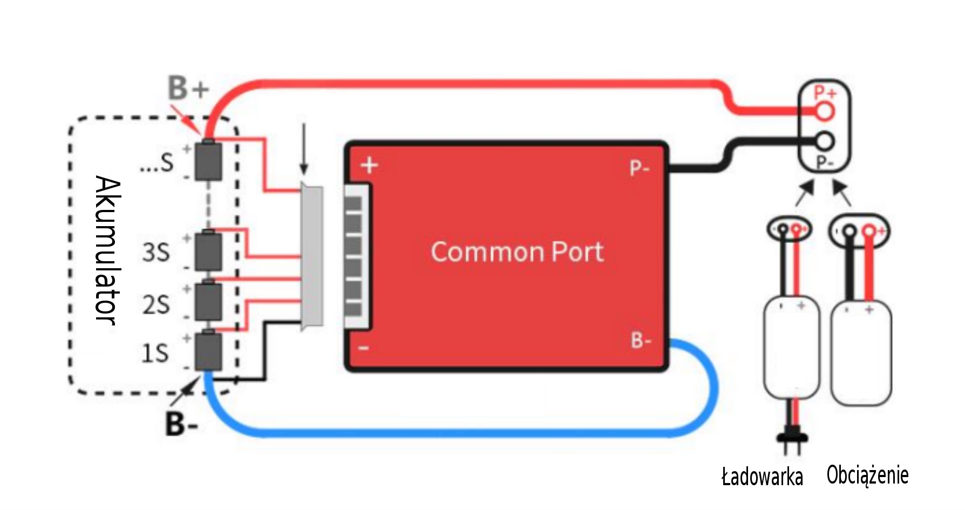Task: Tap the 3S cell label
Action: tap(156, 252)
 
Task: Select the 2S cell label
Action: tap(156, 305)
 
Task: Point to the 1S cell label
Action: tap(155, 353)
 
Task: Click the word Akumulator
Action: tap(107, 250)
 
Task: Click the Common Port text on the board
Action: tap(517, 252)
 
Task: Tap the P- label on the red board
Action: tap(639, 168)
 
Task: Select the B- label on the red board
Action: tap(641, 341)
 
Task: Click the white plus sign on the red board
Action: tap(370, 165)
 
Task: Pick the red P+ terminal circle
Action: tap(825, 112)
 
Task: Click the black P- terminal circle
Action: tap(825, 142)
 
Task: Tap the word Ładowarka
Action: tap(762, 477)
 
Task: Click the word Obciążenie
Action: tap(867, 475)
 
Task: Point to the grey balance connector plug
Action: tap(312, 257)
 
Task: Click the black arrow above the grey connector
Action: tap(304, 148)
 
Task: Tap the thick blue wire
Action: tap(459, 432)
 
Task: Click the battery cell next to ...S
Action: tap(208, 161)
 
